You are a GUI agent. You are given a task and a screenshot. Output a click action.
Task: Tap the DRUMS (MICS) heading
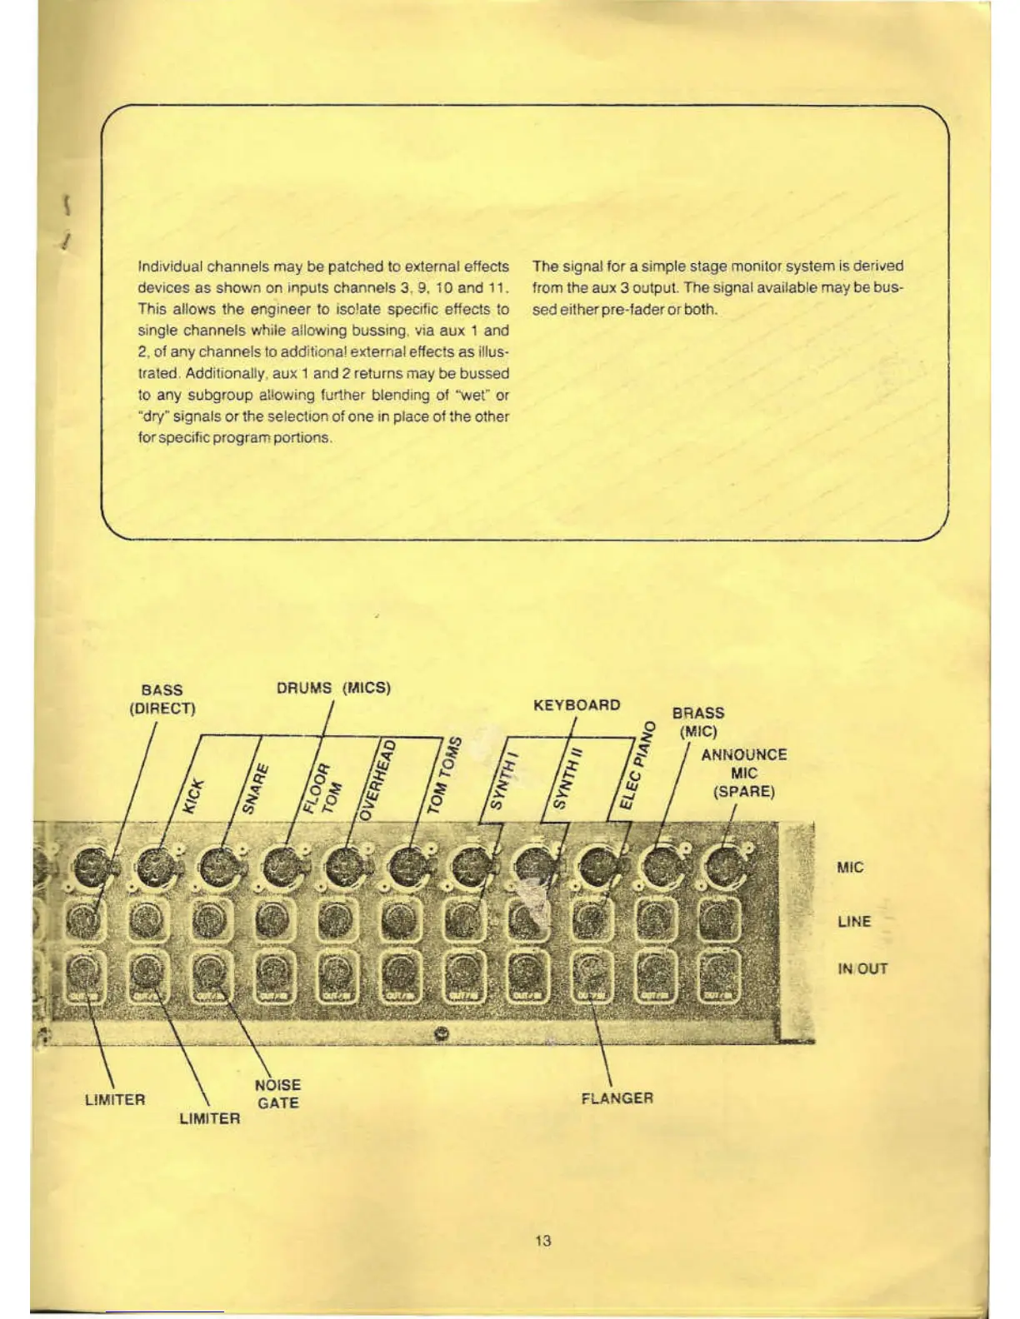coord(333,688)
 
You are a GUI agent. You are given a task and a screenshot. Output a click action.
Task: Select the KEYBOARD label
coord(577,704)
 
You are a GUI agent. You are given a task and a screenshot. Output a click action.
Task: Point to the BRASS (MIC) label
coord(698,722)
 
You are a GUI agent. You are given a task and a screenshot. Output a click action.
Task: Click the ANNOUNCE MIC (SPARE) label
coord(743,773)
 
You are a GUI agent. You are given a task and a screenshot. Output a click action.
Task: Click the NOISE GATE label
coord(278,1093)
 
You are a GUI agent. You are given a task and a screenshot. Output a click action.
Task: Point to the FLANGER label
coord(617,1098)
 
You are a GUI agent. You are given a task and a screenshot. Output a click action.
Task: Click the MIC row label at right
coord(850,868)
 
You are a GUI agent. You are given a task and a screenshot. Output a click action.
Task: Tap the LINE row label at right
coord(854,922)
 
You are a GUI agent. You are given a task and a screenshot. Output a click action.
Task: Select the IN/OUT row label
coord(862,969)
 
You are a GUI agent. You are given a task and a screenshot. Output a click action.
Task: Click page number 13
coord(543,1241)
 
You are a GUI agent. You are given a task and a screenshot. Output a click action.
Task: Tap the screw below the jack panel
coord(442,1033)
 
